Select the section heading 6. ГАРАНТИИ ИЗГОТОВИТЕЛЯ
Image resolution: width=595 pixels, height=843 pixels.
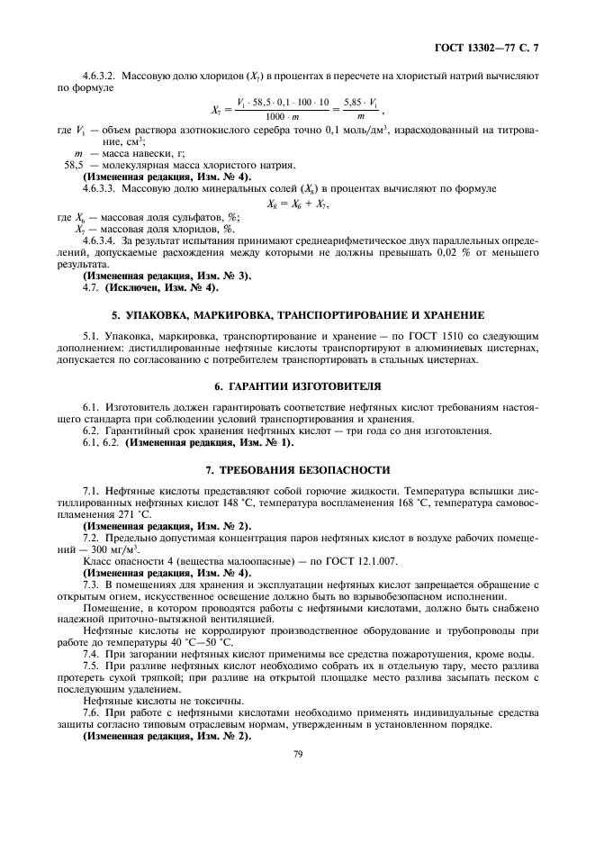pyautogui.click(x=297, y=385)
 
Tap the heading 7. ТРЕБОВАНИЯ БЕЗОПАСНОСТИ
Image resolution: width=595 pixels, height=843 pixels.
pyautogui.click(x=297, y=469)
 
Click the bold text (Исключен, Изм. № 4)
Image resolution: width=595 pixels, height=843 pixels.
pyautogui.click(x=160, y=289)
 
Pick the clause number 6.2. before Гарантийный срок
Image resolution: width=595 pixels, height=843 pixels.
pyautogui.click(x=92, y=431)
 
